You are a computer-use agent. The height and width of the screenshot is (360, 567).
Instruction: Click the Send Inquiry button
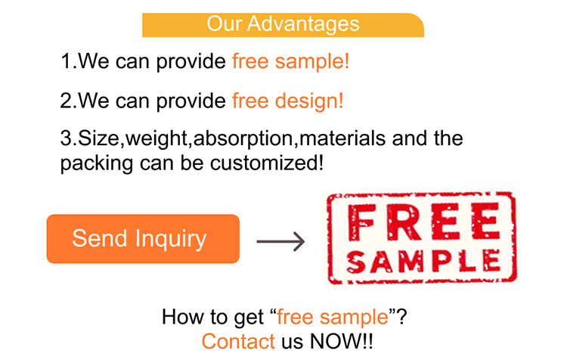pos(143,239)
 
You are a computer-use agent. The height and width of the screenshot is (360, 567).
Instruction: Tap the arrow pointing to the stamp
pos(280,242)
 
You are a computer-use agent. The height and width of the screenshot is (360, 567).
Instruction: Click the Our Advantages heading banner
pos(283,24)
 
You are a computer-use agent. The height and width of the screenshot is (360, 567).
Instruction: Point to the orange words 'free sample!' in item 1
pos(291,61)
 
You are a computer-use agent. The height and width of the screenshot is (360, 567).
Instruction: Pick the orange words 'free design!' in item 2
pos(288,100)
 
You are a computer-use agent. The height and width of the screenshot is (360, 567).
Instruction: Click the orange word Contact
pos(238,341)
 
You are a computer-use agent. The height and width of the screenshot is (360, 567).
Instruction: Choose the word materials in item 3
pos(342,139)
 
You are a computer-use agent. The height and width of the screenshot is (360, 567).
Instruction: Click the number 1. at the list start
pos(69,61)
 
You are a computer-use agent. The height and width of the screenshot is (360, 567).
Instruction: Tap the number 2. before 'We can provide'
pos(69,100)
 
